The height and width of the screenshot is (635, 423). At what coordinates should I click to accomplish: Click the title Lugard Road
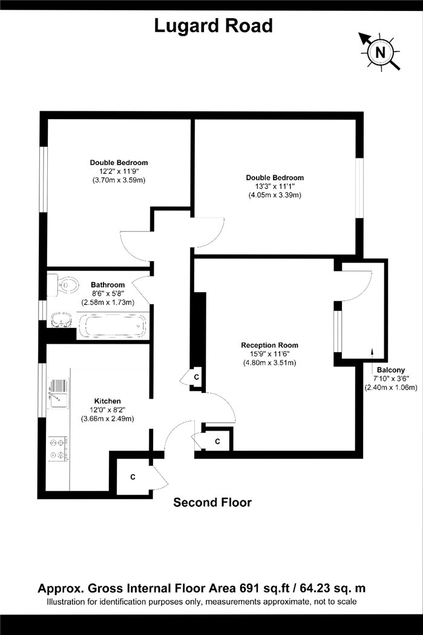coord(213,26)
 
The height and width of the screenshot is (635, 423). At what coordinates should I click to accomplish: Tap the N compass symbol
coord(379,52)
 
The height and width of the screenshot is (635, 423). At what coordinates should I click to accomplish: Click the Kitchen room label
coord(107,401)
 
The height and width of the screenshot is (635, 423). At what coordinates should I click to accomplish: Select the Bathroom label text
coord(108,285)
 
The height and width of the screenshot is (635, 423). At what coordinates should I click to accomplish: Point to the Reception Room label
coord(269,345)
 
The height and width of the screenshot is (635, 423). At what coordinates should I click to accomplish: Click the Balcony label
coord(390,370)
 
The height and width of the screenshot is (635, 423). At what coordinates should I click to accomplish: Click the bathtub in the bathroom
coord(112,325)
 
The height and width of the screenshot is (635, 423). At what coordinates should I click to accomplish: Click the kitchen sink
coord(58,392)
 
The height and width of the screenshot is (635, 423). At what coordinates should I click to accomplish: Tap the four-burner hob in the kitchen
coord(58,448)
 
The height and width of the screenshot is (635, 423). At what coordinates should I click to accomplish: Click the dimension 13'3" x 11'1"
coord(274,186)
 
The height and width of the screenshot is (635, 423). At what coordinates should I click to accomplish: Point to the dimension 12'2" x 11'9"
coord(119,171)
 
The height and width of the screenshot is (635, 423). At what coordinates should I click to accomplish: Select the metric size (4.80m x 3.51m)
coord(269,363)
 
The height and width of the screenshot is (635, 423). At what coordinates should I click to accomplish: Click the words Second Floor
coord(212,503)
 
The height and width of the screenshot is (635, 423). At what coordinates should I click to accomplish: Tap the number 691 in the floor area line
coord(248,588)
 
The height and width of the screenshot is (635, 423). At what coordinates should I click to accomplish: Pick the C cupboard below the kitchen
coord(133,477)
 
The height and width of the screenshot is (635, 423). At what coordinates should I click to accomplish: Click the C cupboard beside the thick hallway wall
coord(197,377)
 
